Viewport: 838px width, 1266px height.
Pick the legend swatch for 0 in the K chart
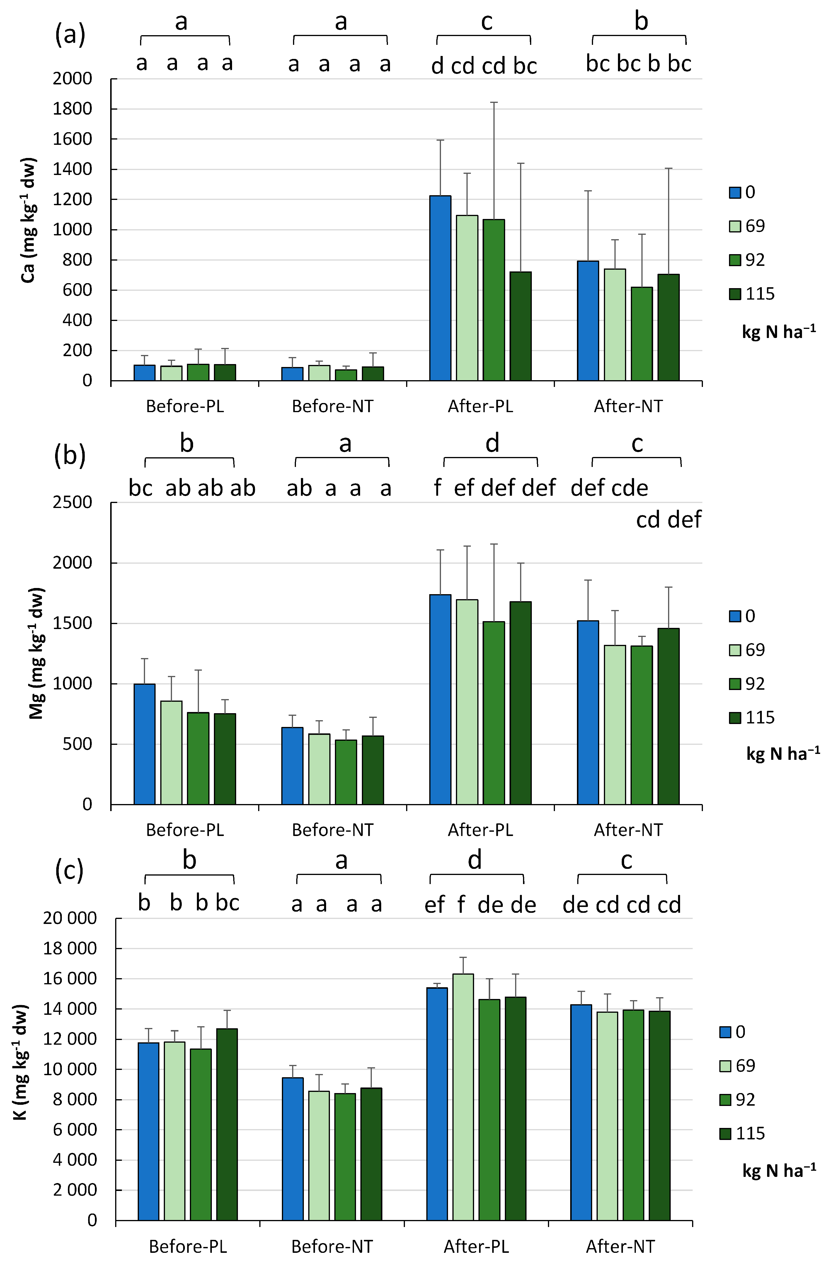tap(725, 1032)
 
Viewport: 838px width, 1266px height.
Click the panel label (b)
tap(70, 456)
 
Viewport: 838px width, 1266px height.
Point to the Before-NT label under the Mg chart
tap(333, 830)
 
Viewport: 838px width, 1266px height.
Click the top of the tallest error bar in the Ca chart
tap(494, 103)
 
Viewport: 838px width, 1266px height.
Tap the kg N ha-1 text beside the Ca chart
tap(778, 332)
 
